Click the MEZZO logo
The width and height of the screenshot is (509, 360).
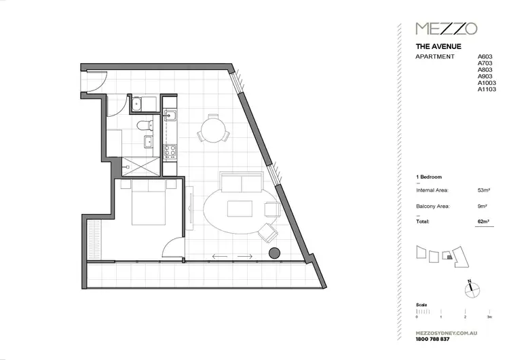coord(446,29)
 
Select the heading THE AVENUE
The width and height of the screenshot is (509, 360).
coord(438,47)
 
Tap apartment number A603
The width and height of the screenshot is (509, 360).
coord(485,56)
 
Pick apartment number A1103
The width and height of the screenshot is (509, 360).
coord(487,89)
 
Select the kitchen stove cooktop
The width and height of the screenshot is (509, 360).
coord(170,149)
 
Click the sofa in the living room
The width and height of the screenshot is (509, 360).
coord(241,183)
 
